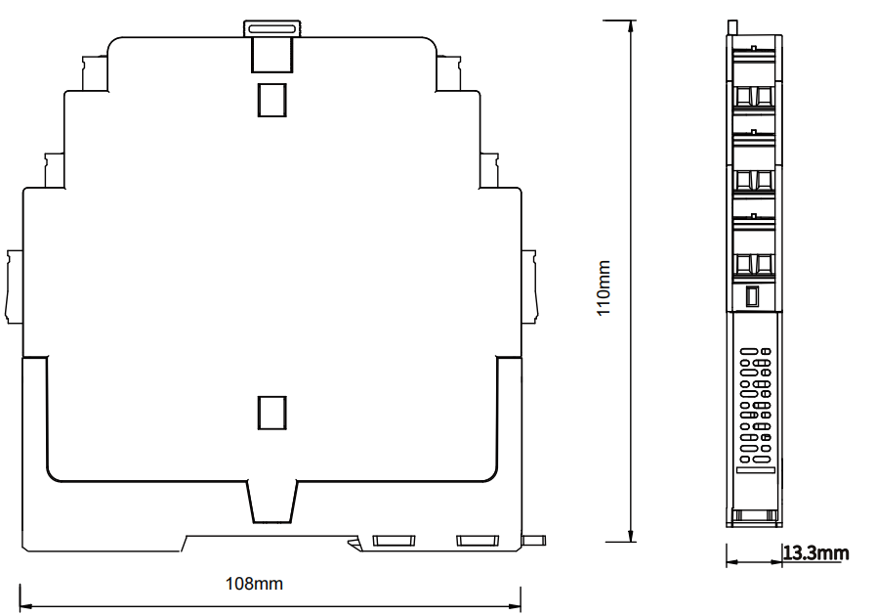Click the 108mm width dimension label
tap(254, 584)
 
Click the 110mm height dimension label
tap(604, 287)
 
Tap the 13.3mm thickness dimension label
tap(815, 552)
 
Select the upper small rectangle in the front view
tap(271, 100)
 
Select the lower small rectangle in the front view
tap(271, 413)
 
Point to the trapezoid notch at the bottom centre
tap(271, 502)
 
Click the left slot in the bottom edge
tap(394, 541)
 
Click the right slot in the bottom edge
tap(478, 541)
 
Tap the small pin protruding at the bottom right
tap(534, 541)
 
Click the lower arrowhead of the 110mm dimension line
tap(631, 534)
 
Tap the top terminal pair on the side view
tap(753, 96)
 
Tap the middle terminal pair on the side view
tap(753, 180)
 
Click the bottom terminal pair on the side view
tap(753, 264)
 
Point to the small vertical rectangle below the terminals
tap(753, 296)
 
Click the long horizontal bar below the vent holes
tap(756, 470)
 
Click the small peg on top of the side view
tap(732, 26)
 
